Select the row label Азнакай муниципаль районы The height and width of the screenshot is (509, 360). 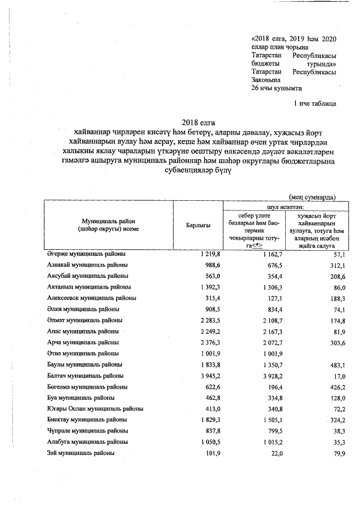(87, 265)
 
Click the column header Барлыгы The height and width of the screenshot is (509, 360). (198, 225)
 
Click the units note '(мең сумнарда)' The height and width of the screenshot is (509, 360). (312, 197)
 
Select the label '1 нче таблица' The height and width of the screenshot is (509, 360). (315, 104)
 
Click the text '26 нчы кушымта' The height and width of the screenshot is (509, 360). (277, 88)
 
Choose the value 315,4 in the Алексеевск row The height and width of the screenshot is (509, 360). (203, 298)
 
